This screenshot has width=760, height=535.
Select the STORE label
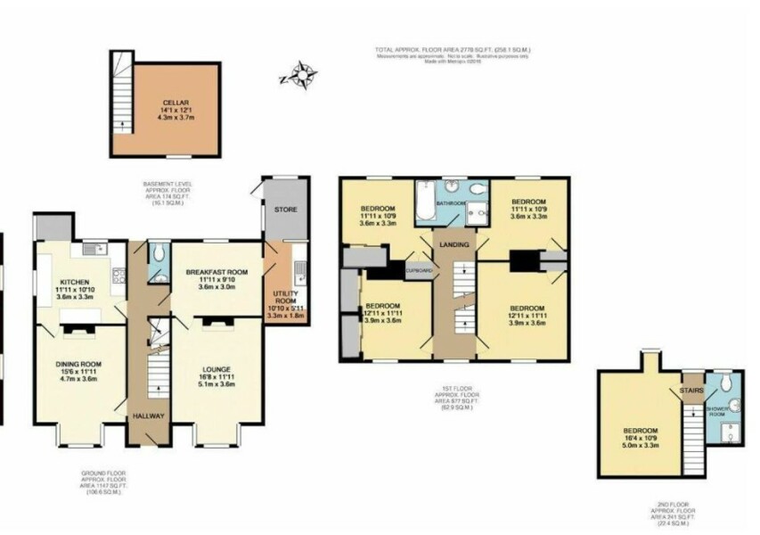point(284,210)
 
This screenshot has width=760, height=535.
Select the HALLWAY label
point(147,416)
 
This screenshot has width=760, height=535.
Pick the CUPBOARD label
point(419,269)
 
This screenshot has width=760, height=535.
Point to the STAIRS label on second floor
point(691,390)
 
